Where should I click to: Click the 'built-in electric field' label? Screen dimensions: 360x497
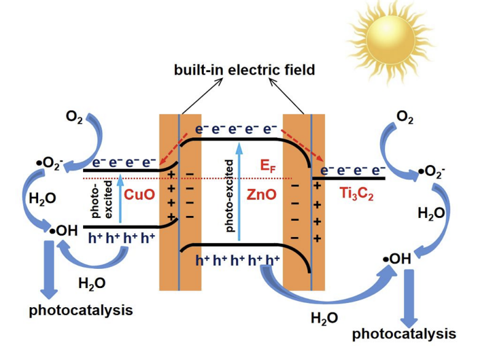pos(243,70)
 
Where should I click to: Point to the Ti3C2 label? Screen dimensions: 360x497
pos(355,194)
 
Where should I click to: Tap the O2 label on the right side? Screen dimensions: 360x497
pos(405,116)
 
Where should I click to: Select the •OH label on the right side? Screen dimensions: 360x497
pos(397,259)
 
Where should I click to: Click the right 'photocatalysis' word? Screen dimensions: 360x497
pos(405,334)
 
